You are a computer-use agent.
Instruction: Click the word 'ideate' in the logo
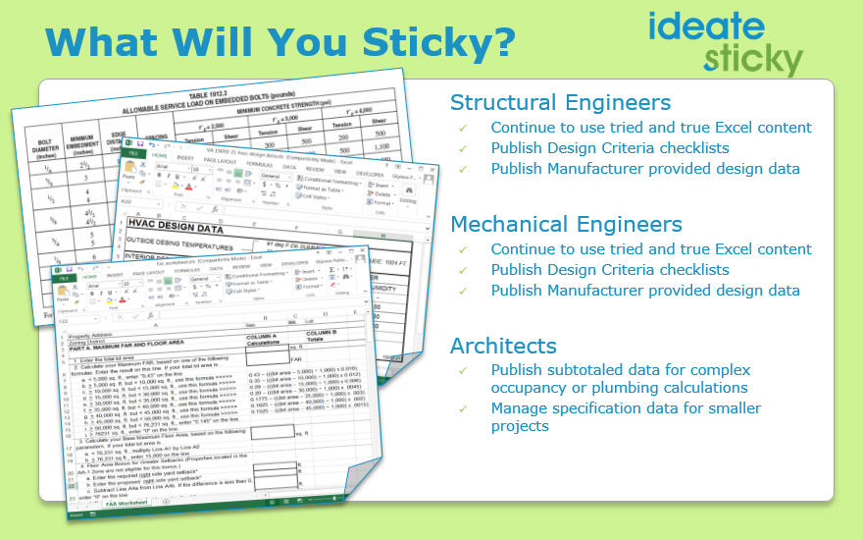[x=706, y=27]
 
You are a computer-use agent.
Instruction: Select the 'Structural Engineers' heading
[x=560, y=102]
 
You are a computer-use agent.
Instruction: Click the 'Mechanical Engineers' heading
[x=566, y=224]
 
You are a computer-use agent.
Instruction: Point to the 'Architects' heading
[x=503, y=346]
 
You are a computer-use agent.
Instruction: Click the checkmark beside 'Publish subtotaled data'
[x=463, y=370]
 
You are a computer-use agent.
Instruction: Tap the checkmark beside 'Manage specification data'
[x=463, y=408]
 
